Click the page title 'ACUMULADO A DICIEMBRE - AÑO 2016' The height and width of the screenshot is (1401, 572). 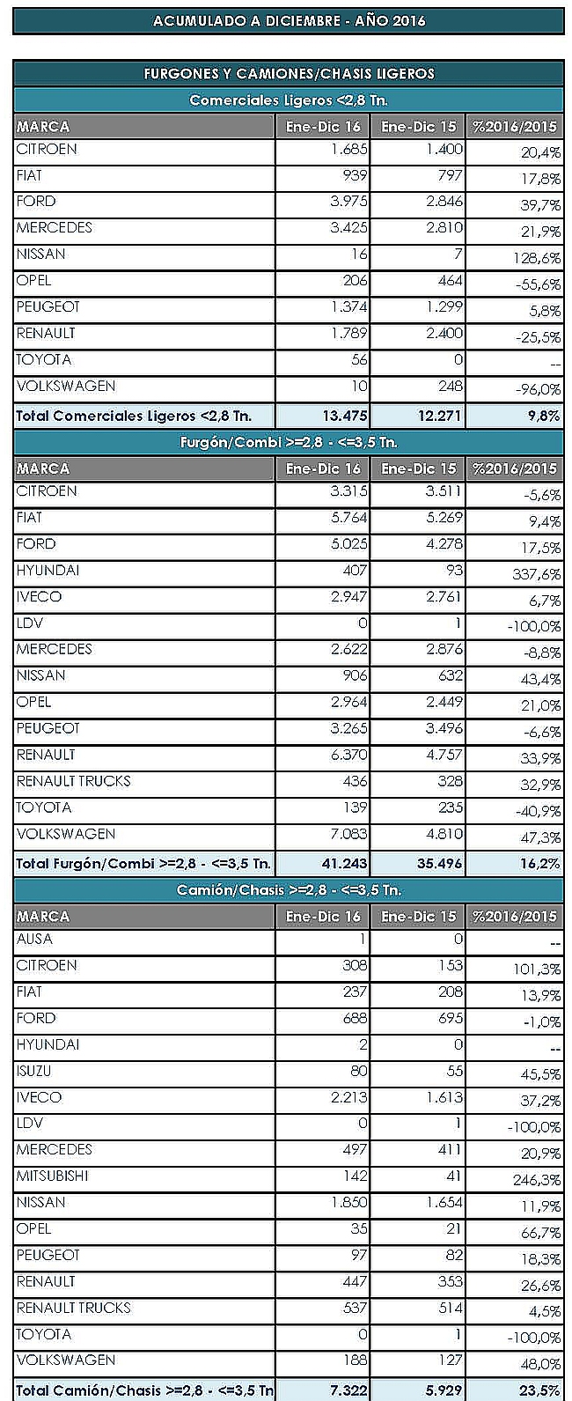point(288,20)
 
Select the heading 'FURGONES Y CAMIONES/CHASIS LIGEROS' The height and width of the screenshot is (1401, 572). point(288,74)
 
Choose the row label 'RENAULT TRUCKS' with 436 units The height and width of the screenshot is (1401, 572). point(73,781)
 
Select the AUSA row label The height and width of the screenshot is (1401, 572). point(34,940)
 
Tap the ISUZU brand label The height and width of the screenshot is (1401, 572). point(36,1071)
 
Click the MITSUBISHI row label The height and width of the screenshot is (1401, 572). point(52,1176)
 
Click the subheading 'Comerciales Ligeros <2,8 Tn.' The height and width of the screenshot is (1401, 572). point(288,100)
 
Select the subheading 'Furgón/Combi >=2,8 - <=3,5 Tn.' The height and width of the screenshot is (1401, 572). point(288,442)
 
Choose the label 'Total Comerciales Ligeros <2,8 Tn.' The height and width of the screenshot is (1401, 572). point(133,416)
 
